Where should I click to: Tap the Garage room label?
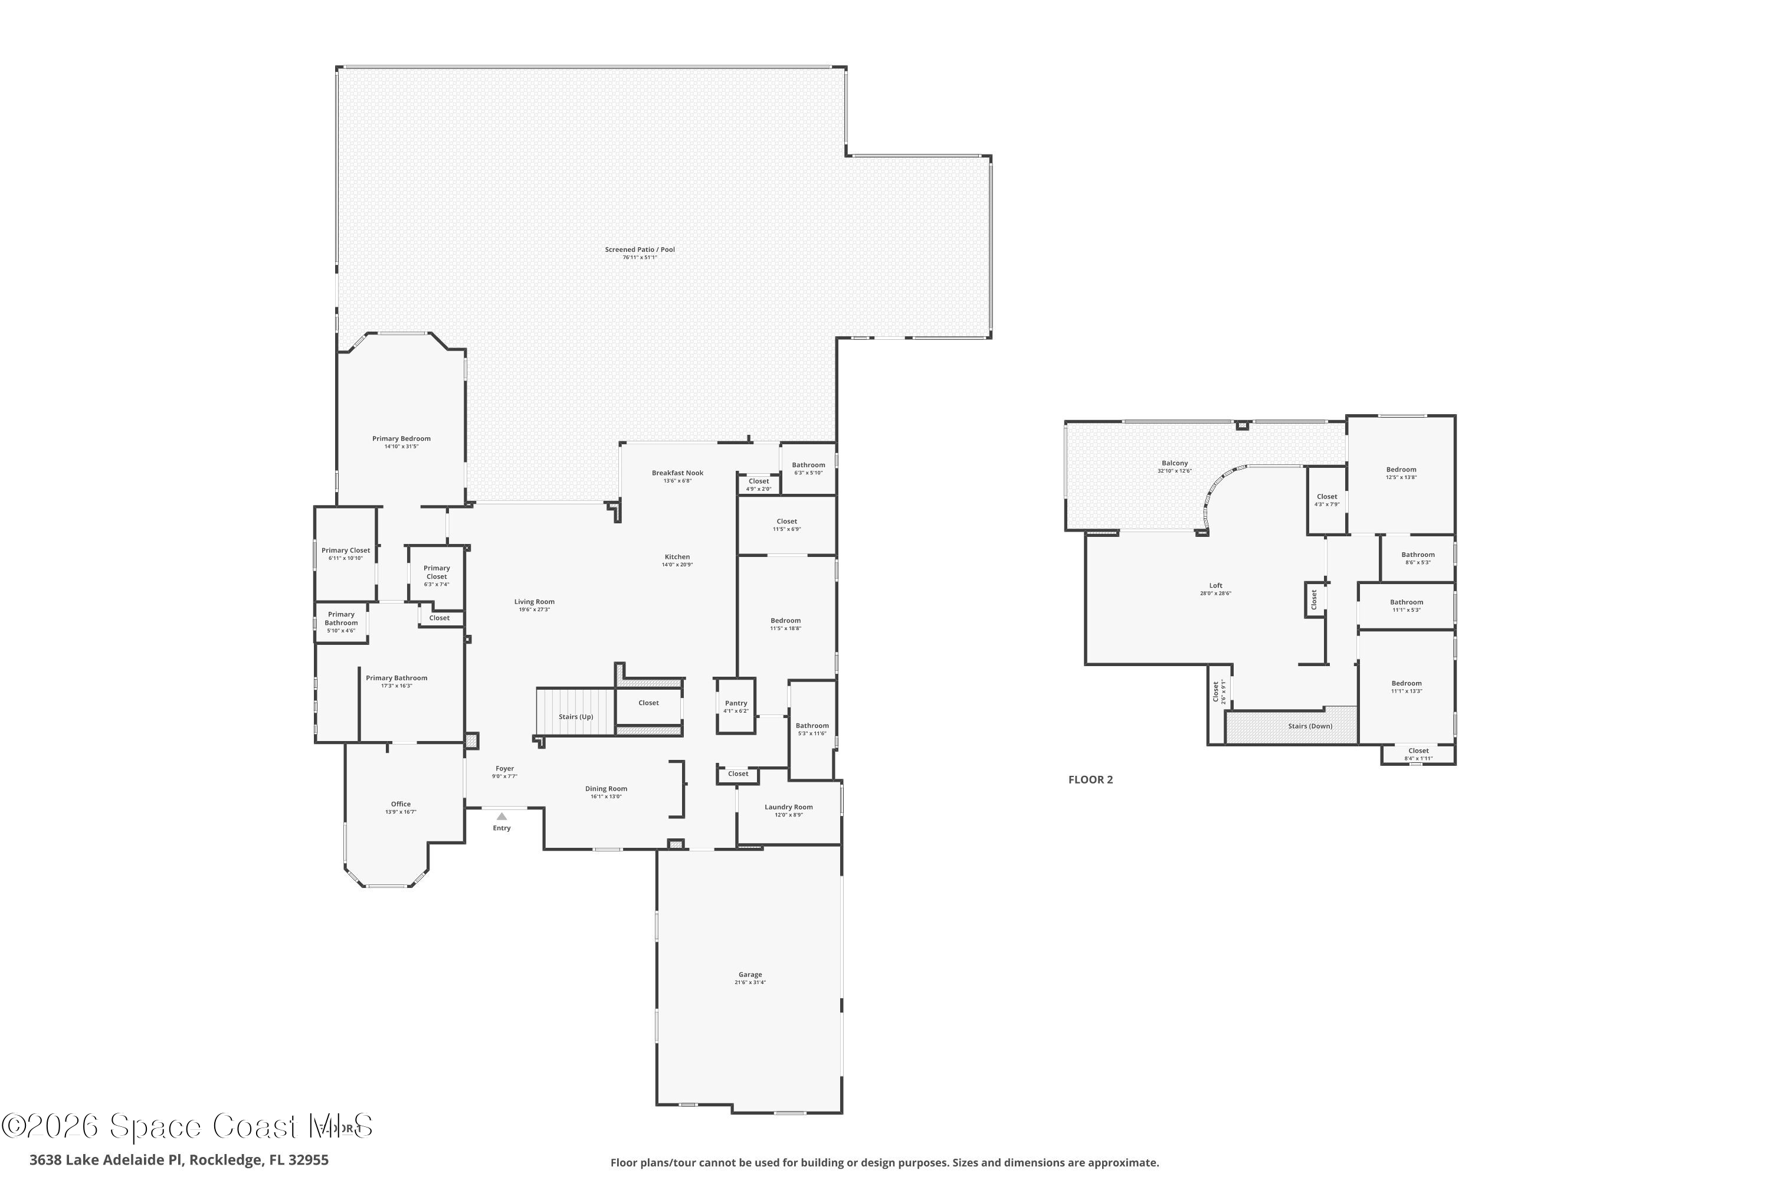749,975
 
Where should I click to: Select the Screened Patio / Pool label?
640,250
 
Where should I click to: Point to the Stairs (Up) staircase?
576,716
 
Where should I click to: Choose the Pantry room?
736,706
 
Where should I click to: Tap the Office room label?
401,804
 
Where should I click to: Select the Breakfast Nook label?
677,473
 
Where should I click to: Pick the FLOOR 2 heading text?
1090,779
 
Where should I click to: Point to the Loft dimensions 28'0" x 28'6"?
1215,594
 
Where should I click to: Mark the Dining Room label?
606,789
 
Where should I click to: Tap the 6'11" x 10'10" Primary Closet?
345,554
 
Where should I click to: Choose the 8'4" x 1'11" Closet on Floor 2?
1418,754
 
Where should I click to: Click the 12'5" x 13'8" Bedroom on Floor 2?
1401,473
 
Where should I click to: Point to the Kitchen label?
677,557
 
